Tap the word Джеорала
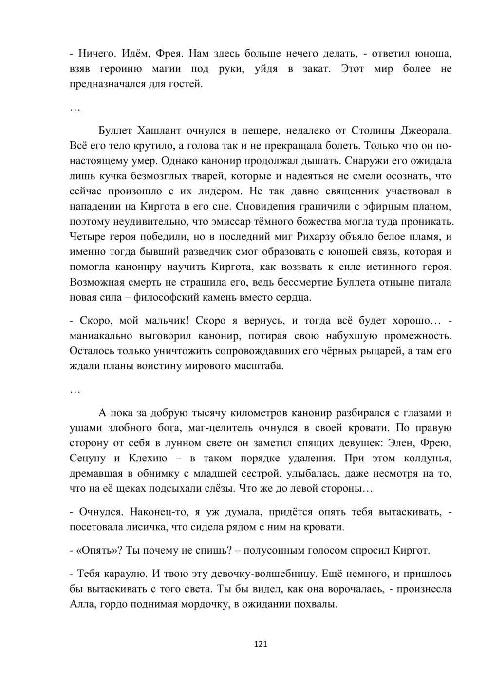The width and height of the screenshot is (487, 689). point(425,130)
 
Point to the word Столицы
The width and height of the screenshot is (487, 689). point(369,130)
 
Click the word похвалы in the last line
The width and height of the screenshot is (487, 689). point(318,604)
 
